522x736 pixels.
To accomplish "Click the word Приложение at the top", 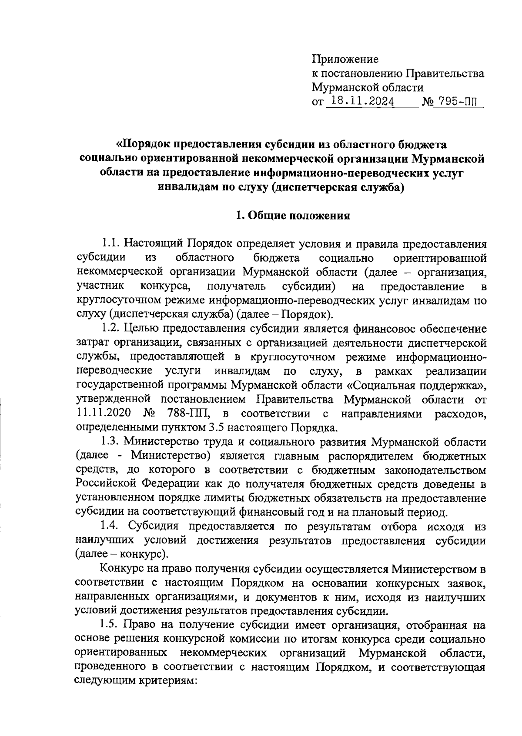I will pyautogui.click(x=345, y=59).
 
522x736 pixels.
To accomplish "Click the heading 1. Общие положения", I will pyautogui.click(x=292, y=216).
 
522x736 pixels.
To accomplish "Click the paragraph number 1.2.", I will pyautogui.click(x=110, y=329).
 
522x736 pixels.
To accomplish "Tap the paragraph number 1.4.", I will pyautogui.click(x=110, y=526).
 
